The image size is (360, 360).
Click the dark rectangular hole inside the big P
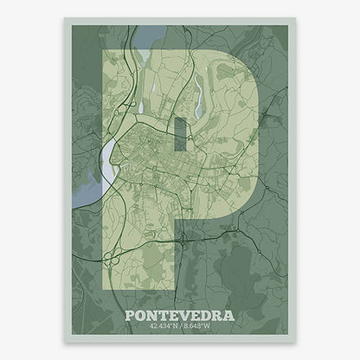pos(179,134)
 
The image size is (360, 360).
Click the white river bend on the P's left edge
pos(110,156)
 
